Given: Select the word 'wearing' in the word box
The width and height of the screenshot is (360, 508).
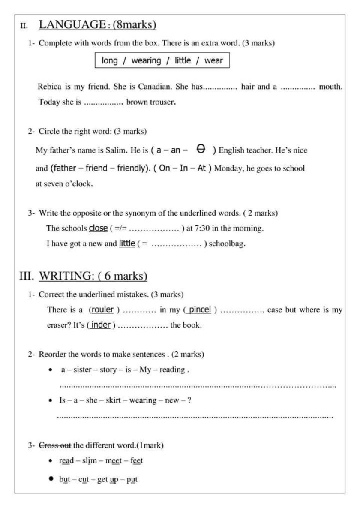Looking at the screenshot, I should pos(146,61).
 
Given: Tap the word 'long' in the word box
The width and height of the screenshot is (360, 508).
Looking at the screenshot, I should pos(109,61).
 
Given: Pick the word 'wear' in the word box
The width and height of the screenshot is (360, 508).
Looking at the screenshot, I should pos(213,61).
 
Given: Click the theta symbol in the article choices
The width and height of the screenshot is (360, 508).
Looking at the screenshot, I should pos(201,149).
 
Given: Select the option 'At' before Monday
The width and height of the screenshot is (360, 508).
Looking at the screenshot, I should pos(201,168).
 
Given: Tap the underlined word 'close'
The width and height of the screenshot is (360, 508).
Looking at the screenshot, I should pos(98,228).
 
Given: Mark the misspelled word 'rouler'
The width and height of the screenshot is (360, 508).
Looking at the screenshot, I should pos(102,309).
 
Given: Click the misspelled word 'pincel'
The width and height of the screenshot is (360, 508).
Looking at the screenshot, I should pos(199,309).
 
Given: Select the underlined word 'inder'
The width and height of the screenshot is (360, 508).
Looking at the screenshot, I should pos(101,325).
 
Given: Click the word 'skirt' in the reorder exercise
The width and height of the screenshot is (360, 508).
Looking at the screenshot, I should pos(113,400).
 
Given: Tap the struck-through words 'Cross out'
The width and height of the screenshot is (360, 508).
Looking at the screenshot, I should pos(55,445).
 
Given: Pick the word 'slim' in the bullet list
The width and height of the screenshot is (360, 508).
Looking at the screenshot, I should pos(89,460).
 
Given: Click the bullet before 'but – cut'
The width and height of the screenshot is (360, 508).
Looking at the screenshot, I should pos(51,478).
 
